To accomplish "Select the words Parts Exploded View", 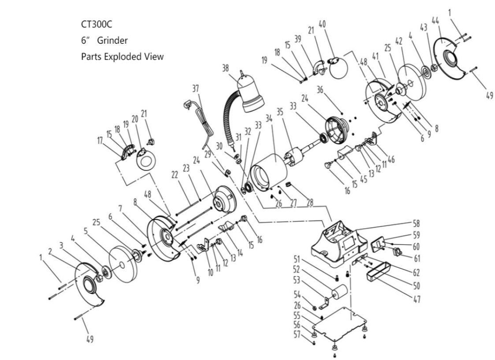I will pyautogui.click(x=122, y=57).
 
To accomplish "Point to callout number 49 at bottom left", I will pyautogui.click(x=89, y=340).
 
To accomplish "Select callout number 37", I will pyautogui.click(x=196, y=88).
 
